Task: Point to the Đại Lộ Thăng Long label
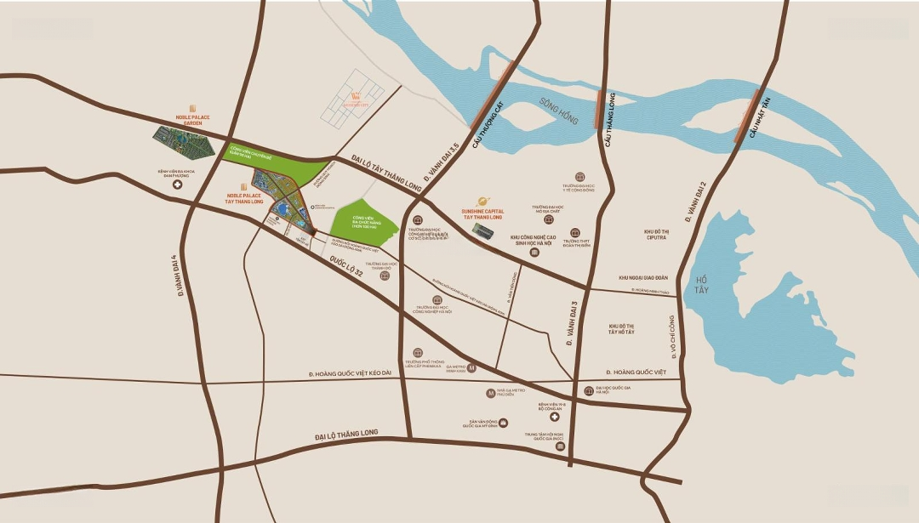click(x=350, y=436)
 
